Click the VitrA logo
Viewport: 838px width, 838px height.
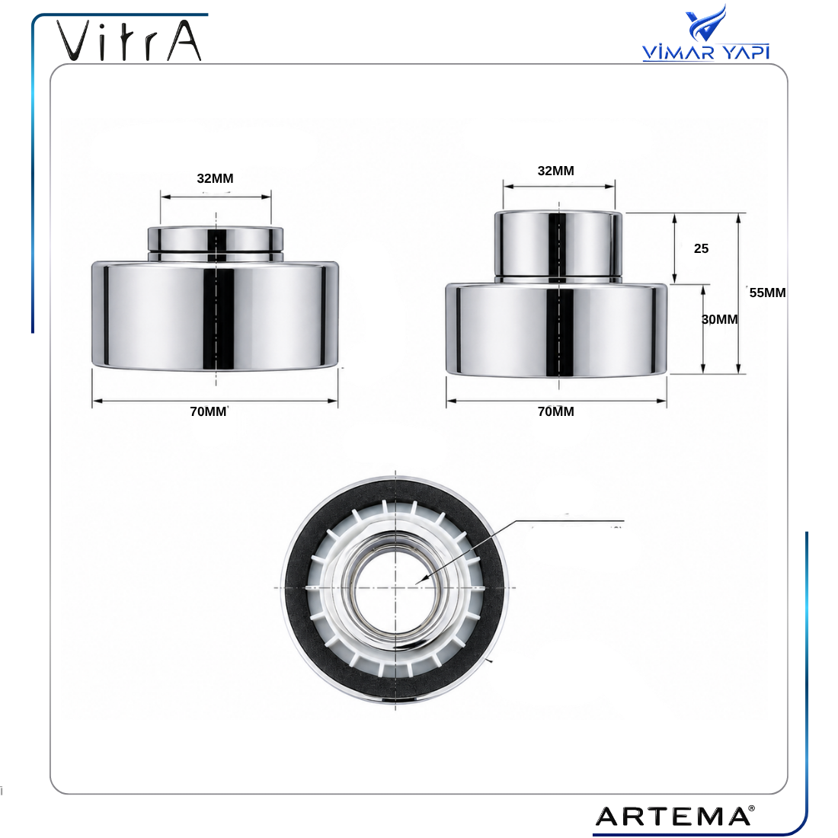(129, 40)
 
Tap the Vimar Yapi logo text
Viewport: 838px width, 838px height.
(705, 52)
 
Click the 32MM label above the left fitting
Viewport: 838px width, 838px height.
(215, 178)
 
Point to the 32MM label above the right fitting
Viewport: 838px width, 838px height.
(556, 171)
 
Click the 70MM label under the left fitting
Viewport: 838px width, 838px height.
(209, 411)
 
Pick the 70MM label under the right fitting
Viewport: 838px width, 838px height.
(556, 411)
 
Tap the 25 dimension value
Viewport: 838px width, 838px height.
(701, 248)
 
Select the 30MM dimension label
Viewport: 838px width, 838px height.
(719, 320)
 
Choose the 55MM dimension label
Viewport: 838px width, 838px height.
(767, 293)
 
